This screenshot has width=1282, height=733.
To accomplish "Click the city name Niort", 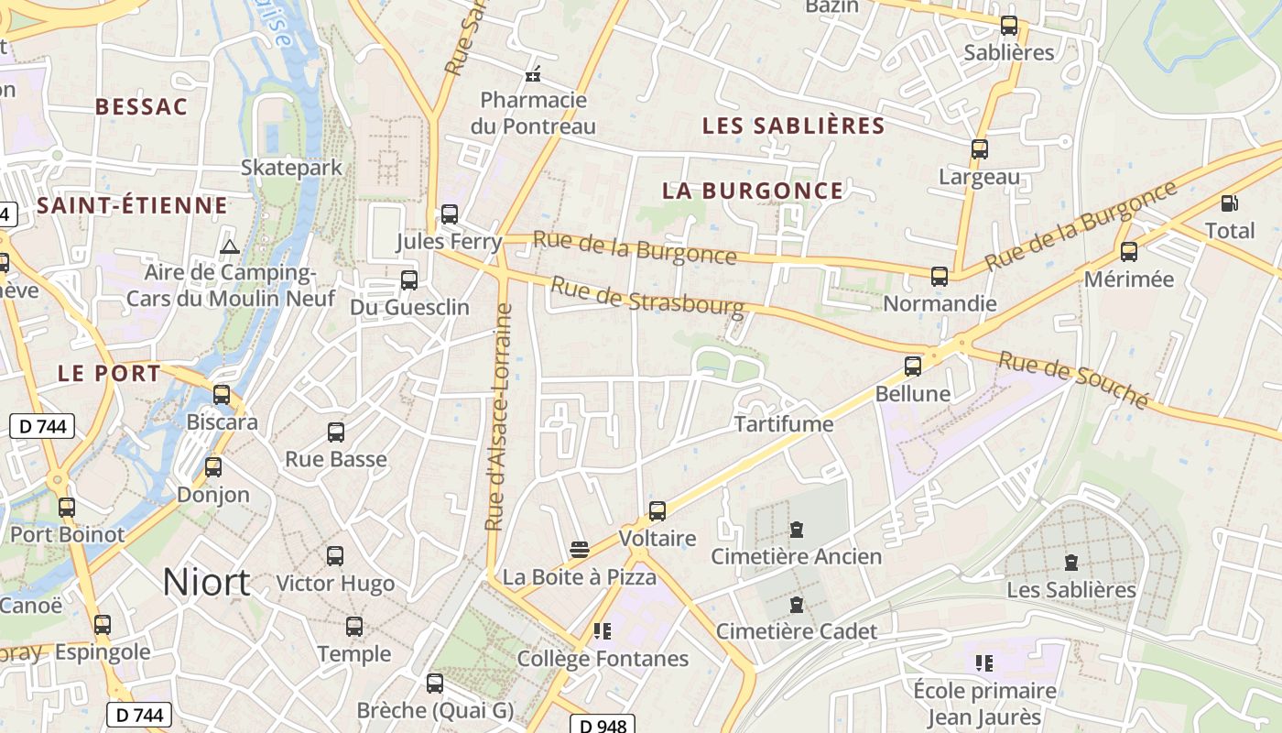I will (206, 582).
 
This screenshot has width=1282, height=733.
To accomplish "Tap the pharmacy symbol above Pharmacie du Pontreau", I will (533, 74).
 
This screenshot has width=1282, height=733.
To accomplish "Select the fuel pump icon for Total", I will (1229, 202).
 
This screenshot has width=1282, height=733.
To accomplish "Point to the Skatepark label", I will (291, 167).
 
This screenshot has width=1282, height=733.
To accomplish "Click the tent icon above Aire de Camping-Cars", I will (229, 246).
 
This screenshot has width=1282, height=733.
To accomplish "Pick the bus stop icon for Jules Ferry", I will (449, 214).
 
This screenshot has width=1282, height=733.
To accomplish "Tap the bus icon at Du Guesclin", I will (409, 279).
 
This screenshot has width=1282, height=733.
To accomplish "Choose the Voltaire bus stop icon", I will (657, 510).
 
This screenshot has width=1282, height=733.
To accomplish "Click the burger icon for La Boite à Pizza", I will (579, 550).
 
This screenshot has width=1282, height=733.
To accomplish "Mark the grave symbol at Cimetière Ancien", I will (797, 530).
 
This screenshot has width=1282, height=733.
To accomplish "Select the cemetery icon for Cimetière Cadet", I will (797, 605).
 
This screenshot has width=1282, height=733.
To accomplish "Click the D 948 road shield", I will (603, 726).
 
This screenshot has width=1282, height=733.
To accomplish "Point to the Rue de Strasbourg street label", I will (646, 298).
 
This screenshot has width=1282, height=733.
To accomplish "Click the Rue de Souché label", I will (1072, 379).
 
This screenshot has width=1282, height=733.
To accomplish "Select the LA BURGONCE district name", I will (752, 191).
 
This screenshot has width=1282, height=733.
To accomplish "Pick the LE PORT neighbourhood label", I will (109, 373).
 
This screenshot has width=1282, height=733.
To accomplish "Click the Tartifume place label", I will (784, 423).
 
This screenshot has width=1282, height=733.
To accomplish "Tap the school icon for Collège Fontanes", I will (602, 630).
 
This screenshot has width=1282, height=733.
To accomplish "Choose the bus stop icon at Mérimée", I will (1129, 251).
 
